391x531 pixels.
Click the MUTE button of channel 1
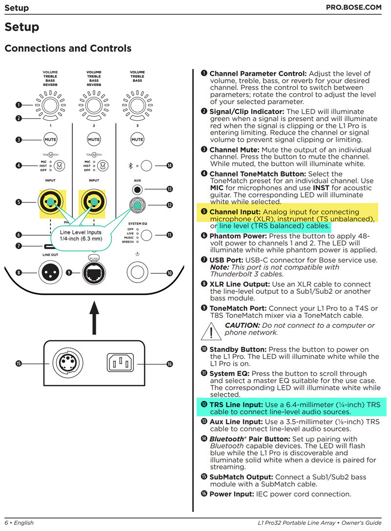pos(50,139)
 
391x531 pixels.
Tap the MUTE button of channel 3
pos(137,139)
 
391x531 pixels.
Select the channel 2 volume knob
pos(94,105)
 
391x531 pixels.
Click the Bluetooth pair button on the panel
pos(145,166)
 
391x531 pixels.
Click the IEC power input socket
pos(120,363)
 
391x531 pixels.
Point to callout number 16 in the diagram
pos(169,364)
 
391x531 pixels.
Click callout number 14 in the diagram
pos(169,166)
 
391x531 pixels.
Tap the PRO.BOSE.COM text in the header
pos(353,8)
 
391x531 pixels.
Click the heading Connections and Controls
pos(68,48)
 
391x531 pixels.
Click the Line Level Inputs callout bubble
pos(81,235)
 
